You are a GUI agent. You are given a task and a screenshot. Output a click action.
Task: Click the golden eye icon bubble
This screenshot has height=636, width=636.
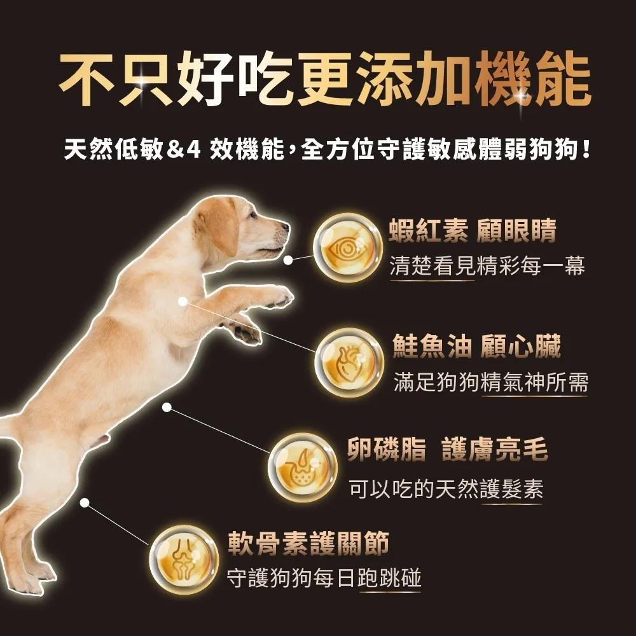coord(347,248)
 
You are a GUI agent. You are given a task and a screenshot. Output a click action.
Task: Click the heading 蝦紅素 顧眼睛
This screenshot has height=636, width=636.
coord(473,232)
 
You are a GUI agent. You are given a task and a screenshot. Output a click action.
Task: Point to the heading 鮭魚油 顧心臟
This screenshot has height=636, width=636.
coord(476,348)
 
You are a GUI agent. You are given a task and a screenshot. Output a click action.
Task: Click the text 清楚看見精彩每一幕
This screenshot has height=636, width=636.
coord(487,266)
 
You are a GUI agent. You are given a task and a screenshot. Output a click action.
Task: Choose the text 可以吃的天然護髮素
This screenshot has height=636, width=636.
coord(446,488)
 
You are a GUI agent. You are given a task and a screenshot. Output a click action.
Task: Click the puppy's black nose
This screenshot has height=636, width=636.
coord(284,226)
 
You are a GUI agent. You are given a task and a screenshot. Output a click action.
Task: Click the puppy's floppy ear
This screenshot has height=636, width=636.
coord(219,226)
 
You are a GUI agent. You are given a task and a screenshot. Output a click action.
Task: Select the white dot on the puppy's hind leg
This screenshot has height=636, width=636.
coord(84,502)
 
